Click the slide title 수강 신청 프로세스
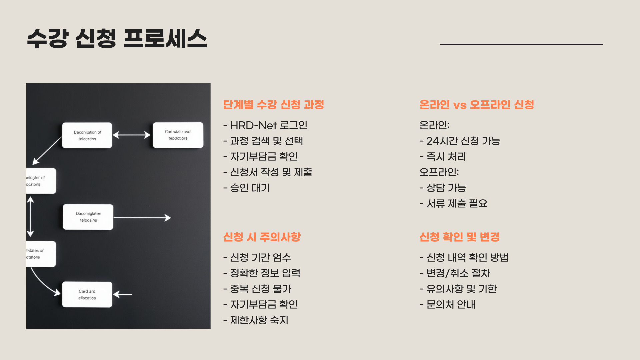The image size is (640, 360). (117, 38)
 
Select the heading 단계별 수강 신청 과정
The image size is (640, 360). (273, 105)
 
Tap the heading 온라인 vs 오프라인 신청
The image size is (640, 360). (477, 105)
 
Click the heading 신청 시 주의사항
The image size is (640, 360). (262, 237)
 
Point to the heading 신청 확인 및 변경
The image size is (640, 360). (459, 237)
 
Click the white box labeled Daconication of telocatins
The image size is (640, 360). (87, 135)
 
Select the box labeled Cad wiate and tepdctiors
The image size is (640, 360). (178, 135)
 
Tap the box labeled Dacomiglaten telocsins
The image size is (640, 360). (88, 217)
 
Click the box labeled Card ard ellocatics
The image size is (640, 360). (87, 295)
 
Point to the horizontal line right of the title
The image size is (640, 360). (521, 44)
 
